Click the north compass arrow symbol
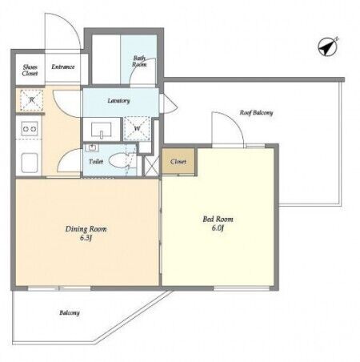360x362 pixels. [x=328, y=46]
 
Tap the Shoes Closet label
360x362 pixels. [x=30, y=70]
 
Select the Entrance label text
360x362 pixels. [x=63, y=66]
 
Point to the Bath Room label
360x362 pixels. [x=139, y=61]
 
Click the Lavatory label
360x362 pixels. [x=118, y=101]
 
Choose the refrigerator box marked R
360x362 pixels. [x=31, y=100]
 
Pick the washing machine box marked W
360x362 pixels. [x=137, y=128]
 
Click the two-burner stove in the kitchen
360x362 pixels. [x=30, y=129]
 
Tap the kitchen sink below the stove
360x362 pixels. [x=30, y=163]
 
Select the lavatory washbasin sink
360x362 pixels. [x=102, y=130]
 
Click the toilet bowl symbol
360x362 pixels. [x=119, y=161]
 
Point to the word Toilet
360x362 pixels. [x=96, y=161]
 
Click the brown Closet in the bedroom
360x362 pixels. [x=178, y=162]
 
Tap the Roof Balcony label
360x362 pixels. [x=256, y=113]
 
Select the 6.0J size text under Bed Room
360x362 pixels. [x=218, y=228]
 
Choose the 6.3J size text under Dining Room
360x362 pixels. [x=86, y=238]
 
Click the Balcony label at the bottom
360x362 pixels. [x=70, y=312]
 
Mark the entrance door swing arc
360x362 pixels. [x=69, y=21]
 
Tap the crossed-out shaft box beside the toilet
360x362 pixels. [x=152, y=166]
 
